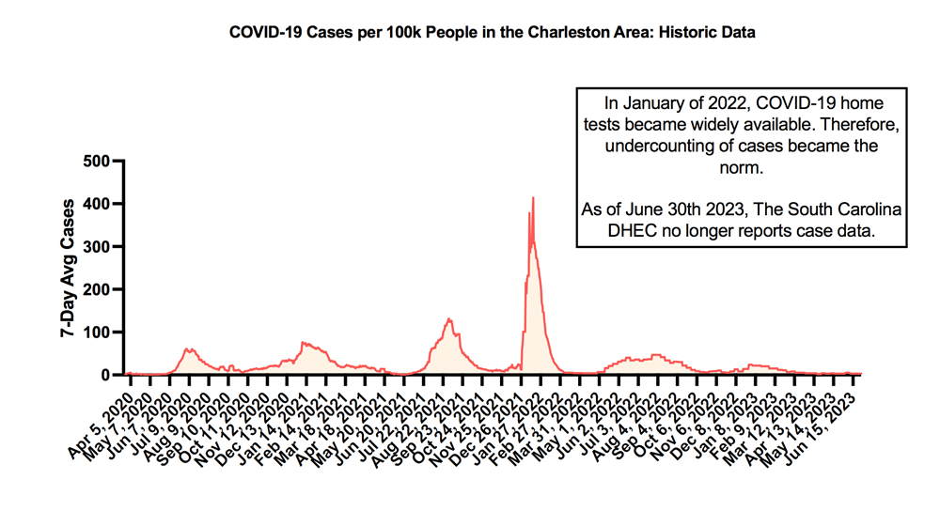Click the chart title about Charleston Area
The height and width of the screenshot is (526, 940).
coord(493,33)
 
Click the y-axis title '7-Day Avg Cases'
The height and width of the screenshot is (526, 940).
coord(69,268)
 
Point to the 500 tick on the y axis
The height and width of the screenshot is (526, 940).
coord(97,161)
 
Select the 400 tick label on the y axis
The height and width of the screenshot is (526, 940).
coord(97,204)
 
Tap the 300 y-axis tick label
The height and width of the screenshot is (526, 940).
coord(97,246)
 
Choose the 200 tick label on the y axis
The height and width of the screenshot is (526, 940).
coord(97,289)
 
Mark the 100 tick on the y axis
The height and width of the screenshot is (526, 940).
coord(97,333)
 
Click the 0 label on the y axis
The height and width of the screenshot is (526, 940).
coord(104,375)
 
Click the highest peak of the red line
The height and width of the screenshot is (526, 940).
coord(533,198)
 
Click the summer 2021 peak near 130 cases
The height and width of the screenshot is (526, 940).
coord(449,319)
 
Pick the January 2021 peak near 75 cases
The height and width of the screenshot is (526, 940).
coord(304,343)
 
